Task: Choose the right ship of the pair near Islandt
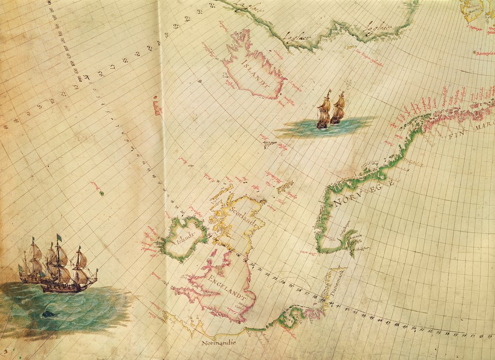tap(339, 109)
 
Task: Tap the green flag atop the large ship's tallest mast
tap(59, 237)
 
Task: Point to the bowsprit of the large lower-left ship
tap(93, 271)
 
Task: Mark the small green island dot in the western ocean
tap(101, 193)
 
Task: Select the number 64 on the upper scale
tap(188, 20)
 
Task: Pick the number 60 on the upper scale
tap(149, 48)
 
